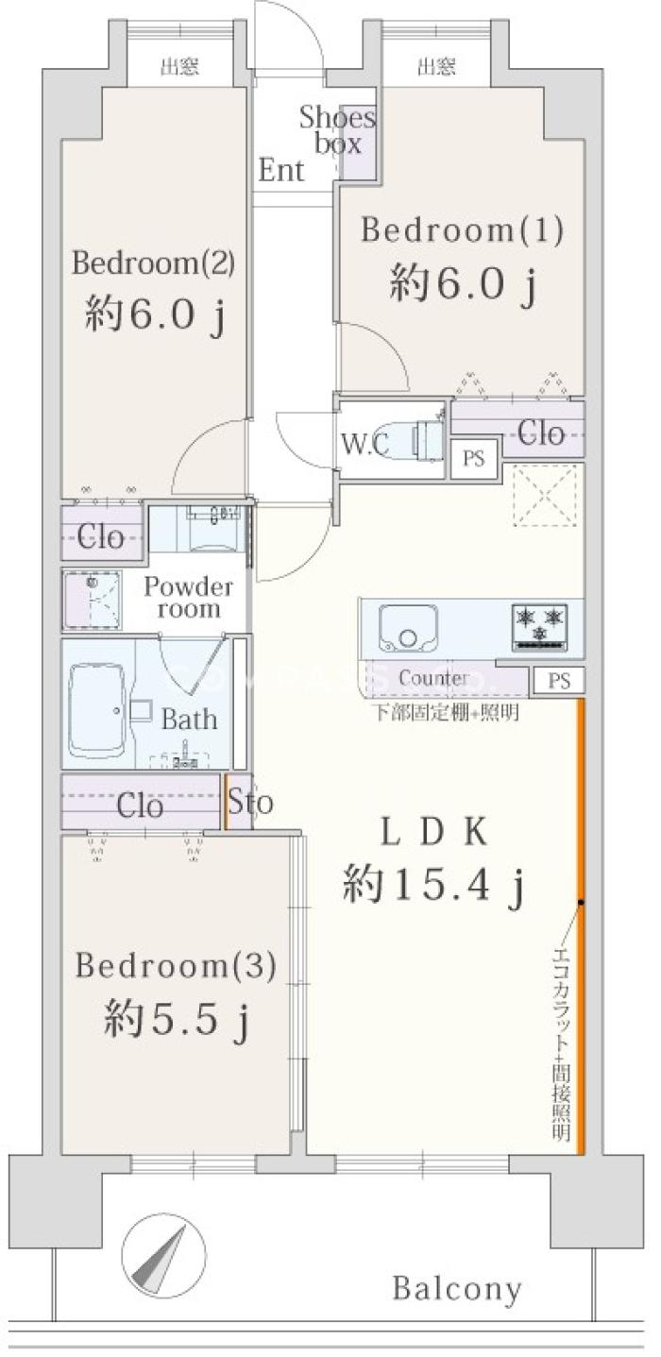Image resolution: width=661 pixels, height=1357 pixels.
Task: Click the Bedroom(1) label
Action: (463, 230)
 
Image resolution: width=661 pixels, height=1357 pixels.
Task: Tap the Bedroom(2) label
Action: (153, 263)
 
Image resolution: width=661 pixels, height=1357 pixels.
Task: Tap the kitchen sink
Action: (408, 627)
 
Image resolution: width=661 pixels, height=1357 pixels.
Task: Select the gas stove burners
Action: (540, 627)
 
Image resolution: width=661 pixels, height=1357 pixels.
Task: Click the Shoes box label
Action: (337, 130)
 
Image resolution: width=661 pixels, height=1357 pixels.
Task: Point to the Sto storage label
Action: (250, 802)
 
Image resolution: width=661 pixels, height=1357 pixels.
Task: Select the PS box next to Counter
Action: (559, 680)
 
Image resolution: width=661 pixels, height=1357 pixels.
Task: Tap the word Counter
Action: (433, 678)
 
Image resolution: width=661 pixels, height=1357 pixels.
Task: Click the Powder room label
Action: (189, 597)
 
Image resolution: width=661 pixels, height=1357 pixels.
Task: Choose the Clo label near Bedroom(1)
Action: (541, 433)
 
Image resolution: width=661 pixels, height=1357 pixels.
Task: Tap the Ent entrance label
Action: (280, 170)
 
